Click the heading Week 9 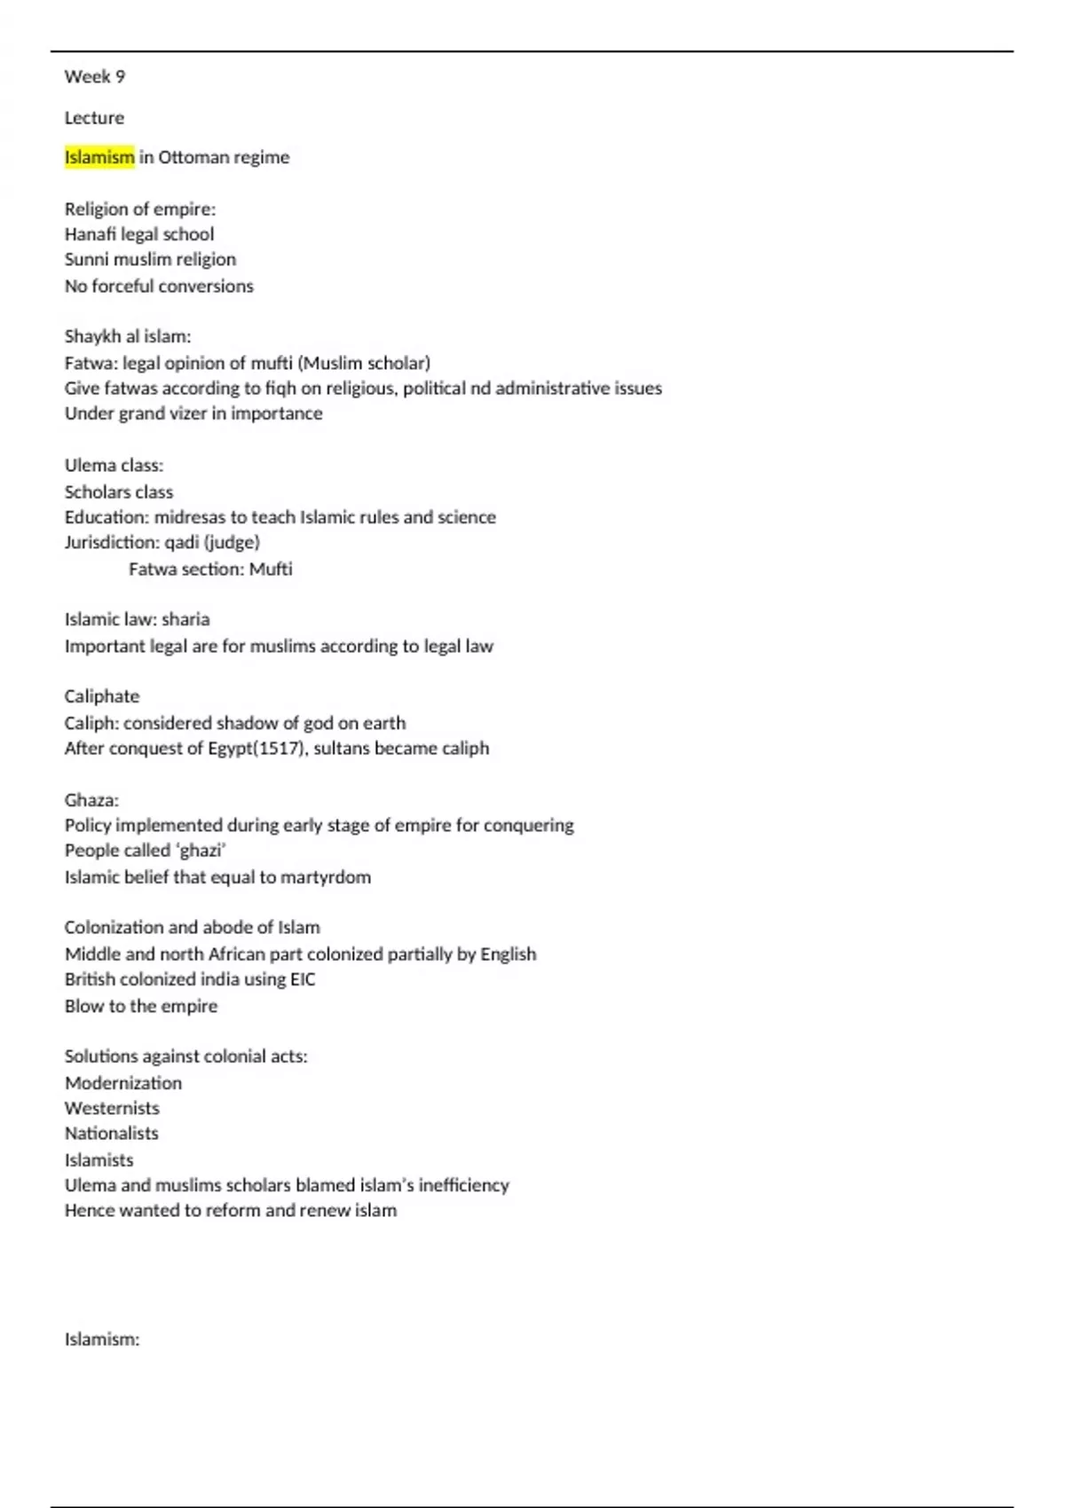pyautogui.click(x=95, y=77)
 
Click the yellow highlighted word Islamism pyautogui.click(x=99, y=157)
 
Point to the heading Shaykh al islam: pyautogui.click(x=128, y=336)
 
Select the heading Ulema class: pyautogui.click(x=114, y=466)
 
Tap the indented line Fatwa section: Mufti pyautogui.click(x=210, y=569)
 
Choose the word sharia pyautogui.click(x=185, y=619)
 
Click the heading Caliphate pyautogui.click(x=102, y=696)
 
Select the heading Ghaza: pyautogui.click(x=91, y=800)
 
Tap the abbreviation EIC pyautogui.click(x=303, y=979)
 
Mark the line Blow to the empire pyautogui.click(x=141, y=1006)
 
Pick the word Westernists pyautogui.click(x=112, y=1108)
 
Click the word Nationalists pyautogui.click(x=112, y=1134)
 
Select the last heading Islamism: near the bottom pyautogui.click(x=102, y=1339)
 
